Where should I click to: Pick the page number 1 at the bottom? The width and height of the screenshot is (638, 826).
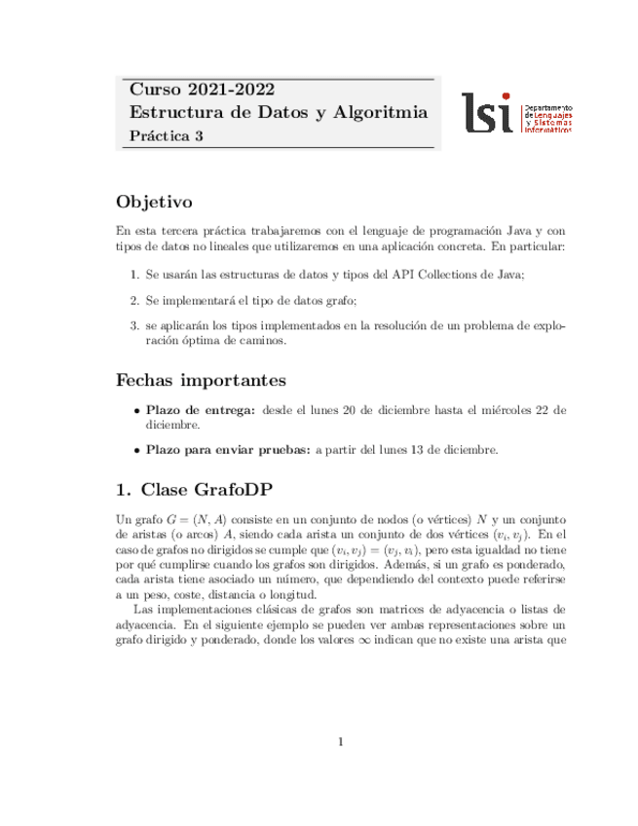(341, 742)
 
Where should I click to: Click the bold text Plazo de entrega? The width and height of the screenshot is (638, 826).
(201, 411)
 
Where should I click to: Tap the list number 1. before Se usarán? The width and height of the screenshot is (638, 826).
(136, 276)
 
